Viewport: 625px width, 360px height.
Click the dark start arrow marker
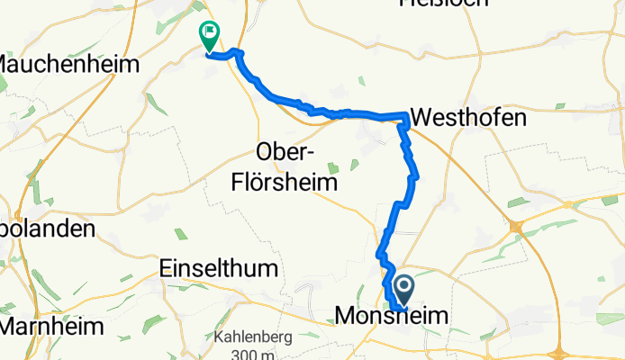point(403,291)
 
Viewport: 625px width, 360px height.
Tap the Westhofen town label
point(467,117)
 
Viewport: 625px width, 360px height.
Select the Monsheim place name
point(385,315)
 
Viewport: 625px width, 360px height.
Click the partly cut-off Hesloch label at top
point(443,4)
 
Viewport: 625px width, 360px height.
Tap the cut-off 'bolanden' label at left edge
point(47,229)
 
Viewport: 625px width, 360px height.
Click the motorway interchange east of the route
point(516,226)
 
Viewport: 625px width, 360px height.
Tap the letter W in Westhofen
point(421,117)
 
